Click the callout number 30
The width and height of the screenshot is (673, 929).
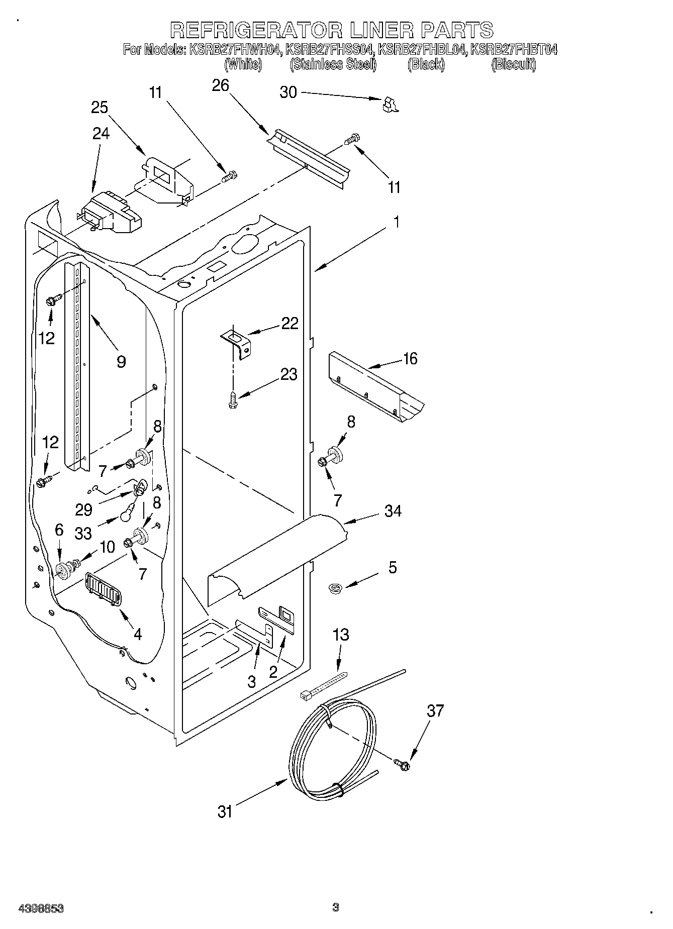[288, 92]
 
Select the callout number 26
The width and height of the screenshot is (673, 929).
[220, 85]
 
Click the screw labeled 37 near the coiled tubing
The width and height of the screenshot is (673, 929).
[402, 764]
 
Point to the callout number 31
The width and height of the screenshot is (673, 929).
[225, 811]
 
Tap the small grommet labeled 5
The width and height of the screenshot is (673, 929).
[333, 587]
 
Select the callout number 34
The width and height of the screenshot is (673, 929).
[393, 511]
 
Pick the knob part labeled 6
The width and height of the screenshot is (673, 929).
[62, 570]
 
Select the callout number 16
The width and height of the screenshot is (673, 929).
[410, 359]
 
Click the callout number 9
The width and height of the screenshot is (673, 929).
[121, 361]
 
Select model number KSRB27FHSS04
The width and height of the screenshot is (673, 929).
[329, 50]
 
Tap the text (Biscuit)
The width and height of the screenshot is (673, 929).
[514, 64]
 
